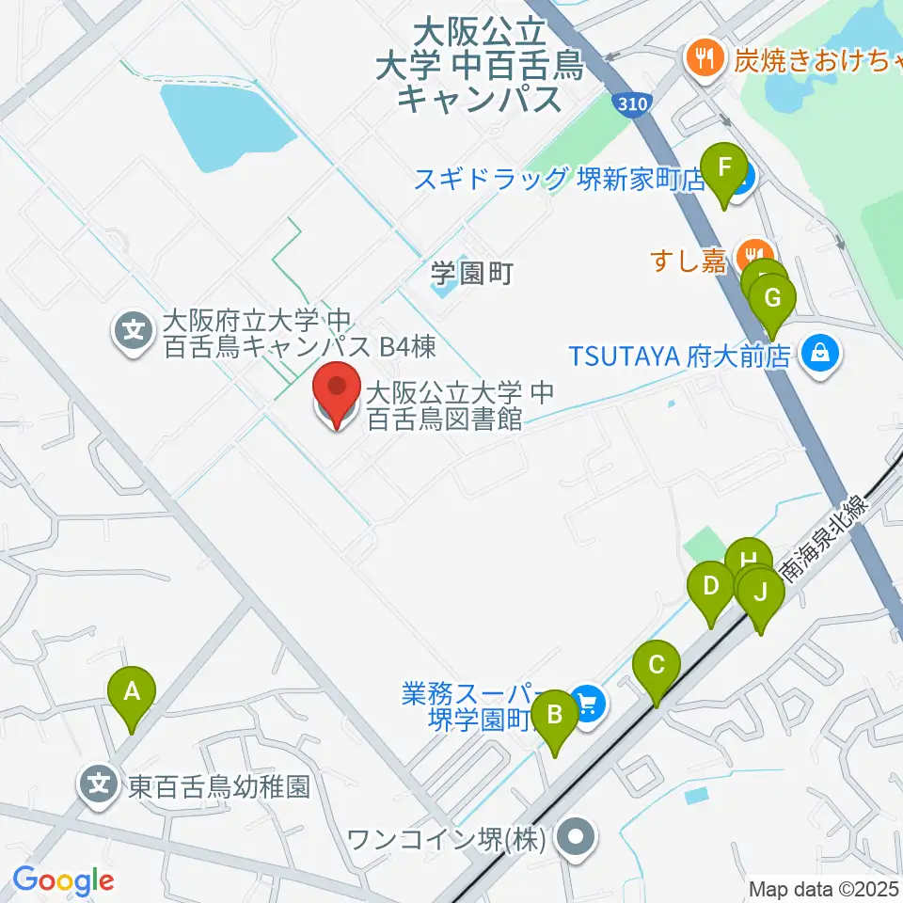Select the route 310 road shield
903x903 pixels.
(x=633, y=103)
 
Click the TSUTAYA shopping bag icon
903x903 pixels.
(x=820, y=355)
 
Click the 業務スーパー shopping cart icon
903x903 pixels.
(x=589, y=703)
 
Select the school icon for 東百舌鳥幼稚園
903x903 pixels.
(x=99, y=785)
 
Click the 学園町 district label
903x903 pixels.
(x=471, y=274)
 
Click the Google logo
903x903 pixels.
(x=63, y=880)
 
